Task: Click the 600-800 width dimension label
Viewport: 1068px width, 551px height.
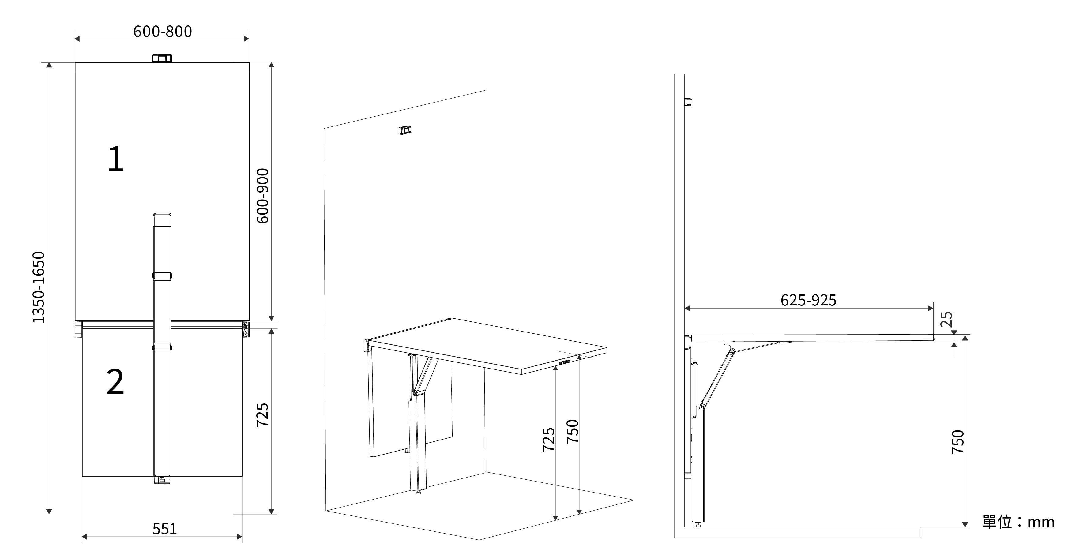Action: click(163, 32)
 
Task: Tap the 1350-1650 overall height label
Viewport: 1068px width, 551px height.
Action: click(39, 287)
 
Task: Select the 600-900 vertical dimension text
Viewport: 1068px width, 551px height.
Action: click(262, 196)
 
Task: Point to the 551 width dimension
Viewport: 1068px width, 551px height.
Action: click(165, 529)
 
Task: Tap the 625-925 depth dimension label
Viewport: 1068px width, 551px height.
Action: click(808, 300)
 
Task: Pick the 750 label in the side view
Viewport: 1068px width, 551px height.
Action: click(958, 442)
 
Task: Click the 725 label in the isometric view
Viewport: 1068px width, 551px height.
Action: click(548, 440)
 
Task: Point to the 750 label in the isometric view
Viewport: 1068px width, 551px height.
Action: click(572, 431)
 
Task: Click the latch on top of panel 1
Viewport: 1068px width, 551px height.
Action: click(162, 58)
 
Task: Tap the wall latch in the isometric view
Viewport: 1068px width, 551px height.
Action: click(404, 130)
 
